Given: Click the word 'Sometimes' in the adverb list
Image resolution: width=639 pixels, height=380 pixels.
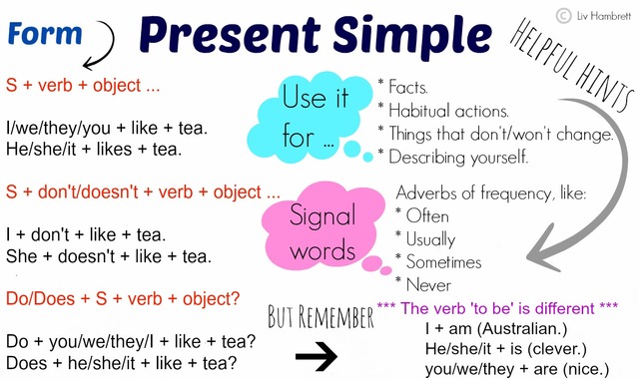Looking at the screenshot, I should pos(443,261).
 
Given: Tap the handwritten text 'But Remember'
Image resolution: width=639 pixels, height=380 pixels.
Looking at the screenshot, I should pos(320,318).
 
